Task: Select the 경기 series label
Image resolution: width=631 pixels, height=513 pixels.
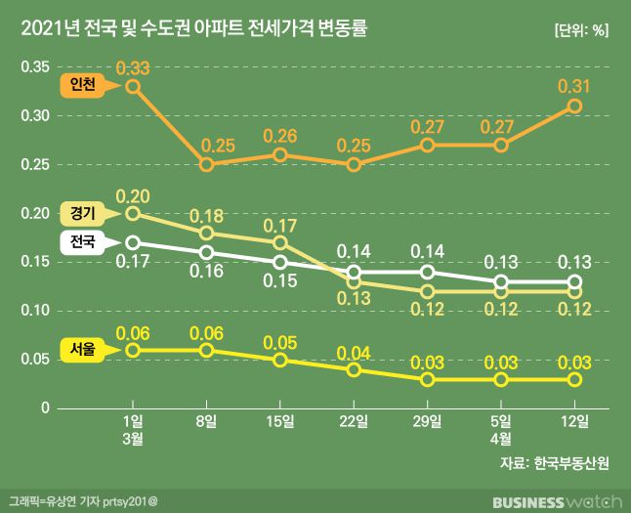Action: click(x=82, y=211)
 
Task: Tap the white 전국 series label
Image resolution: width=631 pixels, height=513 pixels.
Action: click(x=82, y=241)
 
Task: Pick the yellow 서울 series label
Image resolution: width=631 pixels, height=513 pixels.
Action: click(x=82, y=349)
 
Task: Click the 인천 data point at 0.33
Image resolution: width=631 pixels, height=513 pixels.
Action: click(x=133, y=86)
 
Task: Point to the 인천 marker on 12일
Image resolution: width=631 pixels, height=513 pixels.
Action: click(x=575, y=106)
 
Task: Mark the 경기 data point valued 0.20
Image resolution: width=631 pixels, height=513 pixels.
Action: click(x=133, y=213)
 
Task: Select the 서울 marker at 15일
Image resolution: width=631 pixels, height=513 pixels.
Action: click(x=280, y=360)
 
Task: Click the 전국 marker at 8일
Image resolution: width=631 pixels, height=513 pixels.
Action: click(x=206, y=252)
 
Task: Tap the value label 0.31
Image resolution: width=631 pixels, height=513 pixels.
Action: click(x=573, y=86)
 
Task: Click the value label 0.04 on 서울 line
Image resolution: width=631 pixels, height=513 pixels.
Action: click(x=353, y=352)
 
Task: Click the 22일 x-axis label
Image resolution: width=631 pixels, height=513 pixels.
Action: click(x=354, y=422)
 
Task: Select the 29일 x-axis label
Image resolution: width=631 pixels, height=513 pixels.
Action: click(x=427, y=422)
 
